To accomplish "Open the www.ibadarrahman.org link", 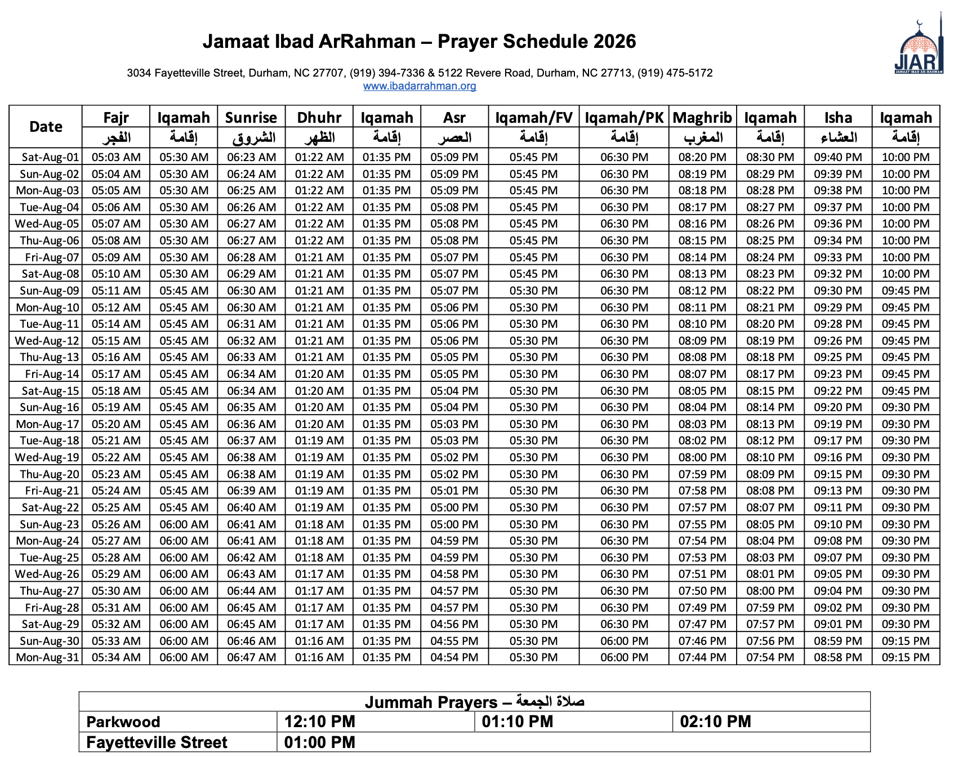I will pyautogui.click(x=420, y=86).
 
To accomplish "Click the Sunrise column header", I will pyautogui.click(x=251, y=118).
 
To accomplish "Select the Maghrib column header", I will pyautogui.click(x=702, y=118).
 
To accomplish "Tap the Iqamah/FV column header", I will pyautogui.click(x=533, y=118).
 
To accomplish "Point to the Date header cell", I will pyautogui.click(x=46, y=127).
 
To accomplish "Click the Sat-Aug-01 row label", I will pyautogui.click(x=50, y=158).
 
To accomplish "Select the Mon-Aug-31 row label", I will pyautogui.click(x=47, y=658).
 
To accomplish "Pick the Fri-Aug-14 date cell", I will pyautogui.click(x=52, y=375).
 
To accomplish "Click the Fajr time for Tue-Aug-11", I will pyautogui.click(x=116, y=324).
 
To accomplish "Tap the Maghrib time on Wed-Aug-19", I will pyautogui.click(x=702, y=458).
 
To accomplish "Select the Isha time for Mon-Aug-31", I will pyautogui.click(x=838, y=658).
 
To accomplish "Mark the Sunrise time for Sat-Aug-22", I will pyautogui.click(x=251, y=508).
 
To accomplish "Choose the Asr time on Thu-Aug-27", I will pyautogui.click(x=454, y=591).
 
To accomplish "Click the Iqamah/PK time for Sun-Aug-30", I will pyautogui.click(x=624, y=642).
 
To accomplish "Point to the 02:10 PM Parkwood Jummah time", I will pyautogui.click(x=715, y=722).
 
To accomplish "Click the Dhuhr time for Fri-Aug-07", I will pyautogui.click(x=319, y=258).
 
